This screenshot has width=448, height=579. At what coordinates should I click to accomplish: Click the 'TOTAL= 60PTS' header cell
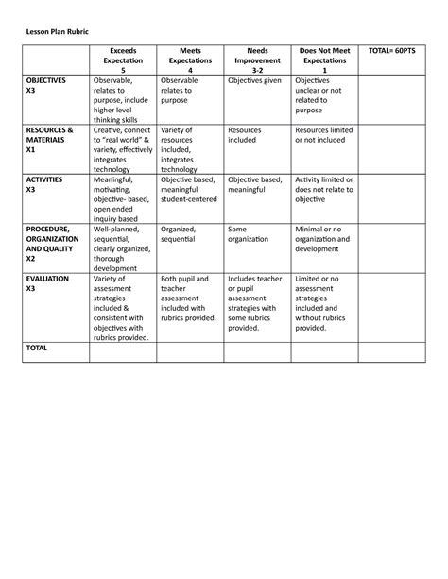[x=392, y=49]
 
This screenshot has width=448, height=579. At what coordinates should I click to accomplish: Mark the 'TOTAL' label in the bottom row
[x=38, y=348]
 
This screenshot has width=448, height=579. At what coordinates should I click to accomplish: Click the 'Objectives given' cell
[x=256, y=82]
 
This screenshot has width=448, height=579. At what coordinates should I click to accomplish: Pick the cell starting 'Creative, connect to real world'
[x=122, y=149]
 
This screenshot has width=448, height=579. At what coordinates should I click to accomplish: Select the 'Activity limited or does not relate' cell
[x=324, y=190]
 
